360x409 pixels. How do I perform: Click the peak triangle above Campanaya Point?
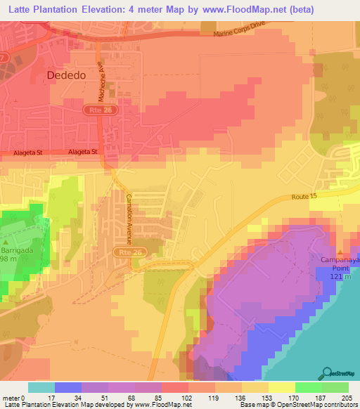(341, 252)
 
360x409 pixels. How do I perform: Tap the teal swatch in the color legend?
(41, 387)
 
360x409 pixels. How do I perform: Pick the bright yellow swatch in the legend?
(281, 387)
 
